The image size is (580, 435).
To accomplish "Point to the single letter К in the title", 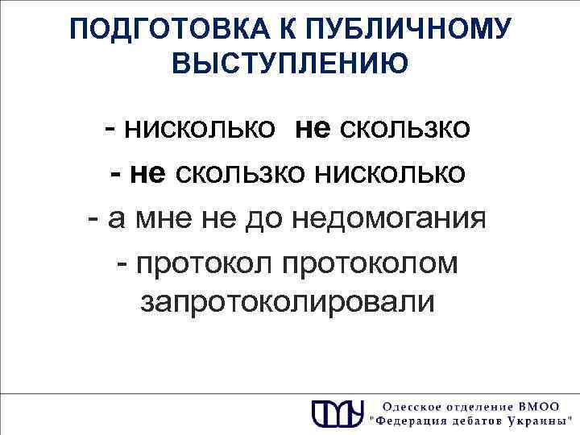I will pos(258,30).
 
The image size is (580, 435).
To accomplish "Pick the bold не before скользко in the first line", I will pos(313,128).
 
